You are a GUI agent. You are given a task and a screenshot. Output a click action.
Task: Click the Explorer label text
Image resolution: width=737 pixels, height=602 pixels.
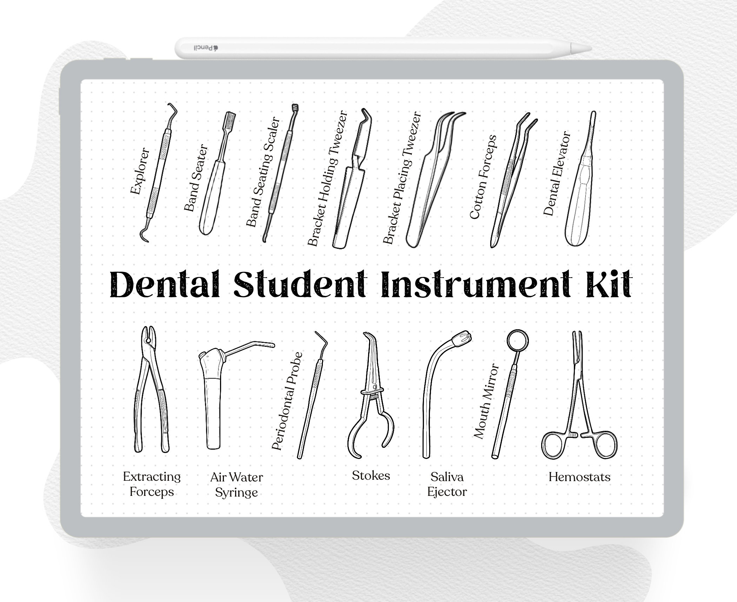click(140, 171)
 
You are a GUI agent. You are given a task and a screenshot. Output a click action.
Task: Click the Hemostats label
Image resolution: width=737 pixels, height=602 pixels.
click(579, 477)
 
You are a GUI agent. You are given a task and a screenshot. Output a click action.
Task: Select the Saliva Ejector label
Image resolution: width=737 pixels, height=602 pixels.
click(447, 484)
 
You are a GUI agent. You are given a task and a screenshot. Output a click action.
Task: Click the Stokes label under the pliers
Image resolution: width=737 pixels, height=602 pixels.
click(371, 476)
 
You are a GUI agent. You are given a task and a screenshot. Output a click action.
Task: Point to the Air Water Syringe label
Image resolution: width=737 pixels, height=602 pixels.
click(236, 485)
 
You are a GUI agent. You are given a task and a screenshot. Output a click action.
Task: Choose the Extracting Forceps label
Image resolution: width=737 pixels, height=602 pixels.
click(152, 484)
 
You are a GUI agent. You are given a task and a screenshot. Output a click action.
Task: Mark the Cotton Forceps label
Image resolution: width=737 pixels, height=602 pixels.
click(483, 177)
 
